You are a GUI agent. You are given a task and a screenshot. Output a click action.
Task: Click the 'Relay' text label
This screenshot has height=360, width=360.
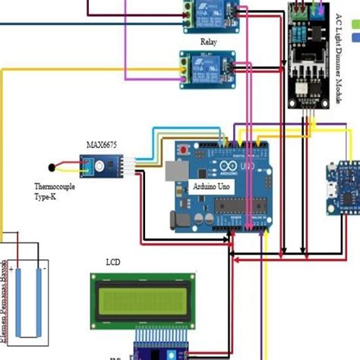click(208, 43)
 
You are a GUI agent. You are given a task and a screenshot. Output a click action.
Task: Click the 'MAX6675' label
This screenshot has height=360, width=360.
click(101, 144)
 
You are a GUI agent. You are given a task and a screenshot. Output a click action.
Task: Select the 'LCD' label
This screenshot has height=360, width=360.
click(113, 262)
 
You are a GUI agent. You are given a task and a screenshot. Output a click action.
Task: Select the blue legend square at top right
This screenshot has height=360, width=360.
click(355, 37)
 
